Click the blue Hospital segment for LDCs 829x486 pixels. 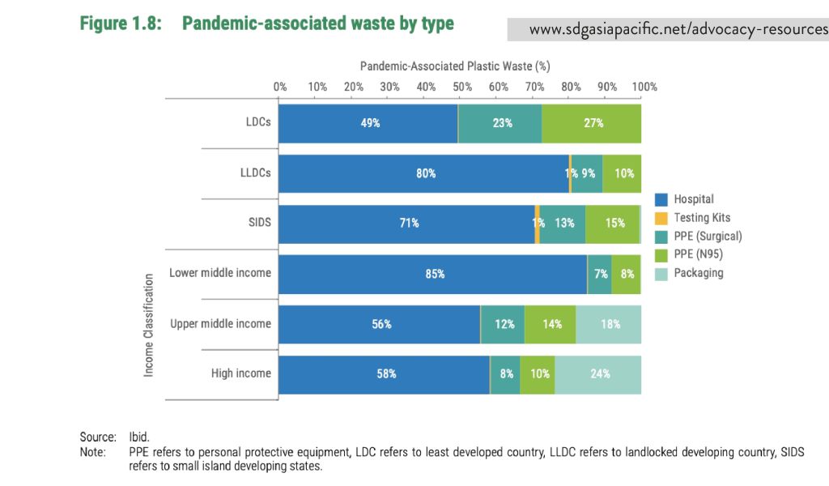tap(368, 123)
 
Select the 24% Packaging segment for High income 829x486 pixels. tap(598, 374)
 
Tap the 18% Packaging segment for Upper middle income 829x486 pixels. tap(609, 324)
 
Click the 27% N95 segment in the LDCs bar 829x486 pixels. tap(592, 123)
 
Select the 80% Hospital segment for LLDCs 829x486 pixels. tap(424, 173)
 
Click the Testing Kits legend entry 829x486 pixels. tap(701, 218)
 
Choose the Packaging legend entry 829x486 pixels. tap(698, 273)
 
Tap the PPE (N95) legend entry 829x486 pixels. tap(697, 254)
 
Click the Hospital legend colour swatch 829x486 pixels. tap(661, 199)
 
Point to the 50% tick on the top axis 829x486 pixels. tap(461, 87)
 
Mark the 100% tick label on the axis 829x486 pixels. tap(644, 87)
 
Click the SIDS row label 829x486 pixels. tap(259, 223)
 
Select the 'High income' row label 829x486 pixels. tap(240, 373)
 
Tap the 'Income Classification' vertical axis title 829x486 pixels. tap(149, 324)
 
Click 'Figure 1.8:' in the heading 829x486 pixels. tap(120, 23)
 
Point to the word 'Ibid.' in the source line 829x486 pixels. tap(139, 436)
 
